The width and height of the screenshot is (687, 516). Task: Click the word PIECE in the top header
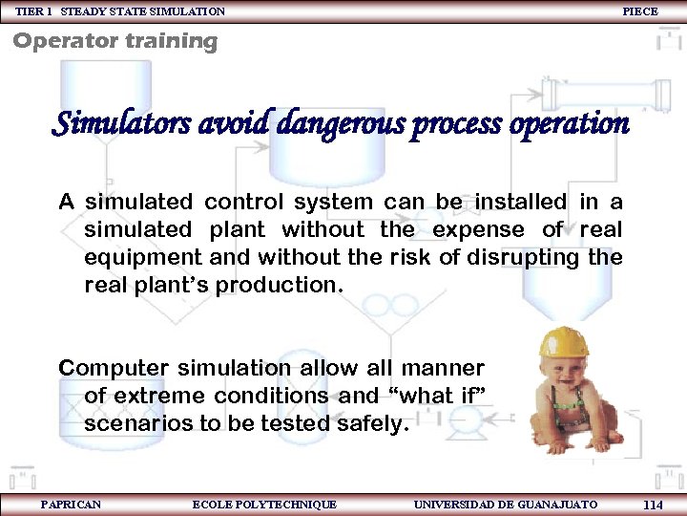pos(639,11)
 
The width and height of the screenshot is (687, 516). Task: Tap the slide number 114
pos(653,505)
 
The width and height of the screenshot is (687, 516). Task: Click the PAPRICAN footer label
pos(71,505)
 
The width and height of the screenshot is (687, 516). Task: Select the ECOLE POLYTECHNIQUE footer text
pos(264,505)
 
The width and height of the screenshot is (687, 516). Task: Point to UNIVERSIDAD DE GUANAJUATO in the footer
pos(506,505)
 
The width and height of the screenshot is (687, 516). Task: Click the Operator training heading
pos(114,41)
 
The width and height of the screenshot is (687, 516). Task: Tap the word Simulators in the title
pos(111,124)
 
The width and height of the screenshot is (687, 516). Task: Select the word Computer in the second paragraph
pos(111,368)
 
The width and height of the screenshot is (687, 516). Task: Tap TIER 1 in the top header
pos(33,11)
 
